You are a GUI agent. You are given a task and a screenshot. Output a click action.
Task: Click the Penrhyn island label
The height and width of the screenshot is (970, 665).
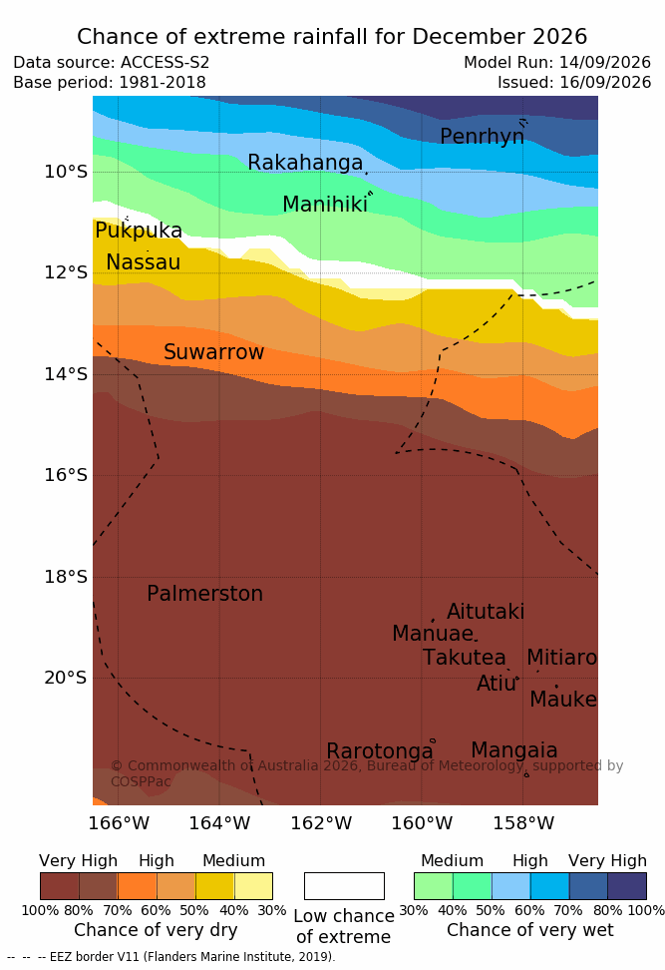pyautogui.click(x=483, y=136)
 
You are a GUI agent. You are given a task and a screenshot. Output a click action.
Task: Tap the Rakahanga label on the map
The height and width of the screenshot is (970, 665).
pyautogui.click(x=305, y=162)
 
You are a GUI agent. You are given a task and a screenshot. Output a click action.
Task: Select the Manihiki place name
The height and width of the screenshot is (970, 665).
pyautogui.click(x=325, y=205)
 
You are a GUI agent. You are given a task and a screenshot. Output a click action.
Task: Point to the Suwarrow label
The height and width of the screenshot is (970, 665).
pyautogui.click(x=213, y=352)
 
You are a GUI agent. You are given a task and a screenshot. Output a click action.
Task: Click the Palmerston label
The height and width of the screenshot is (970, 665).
pyautogui.click(x=205, y=594)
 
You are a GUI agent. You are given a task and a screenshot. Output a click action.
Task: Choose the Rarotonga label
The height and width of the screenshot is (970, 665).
pyautogui.click(x=380, y=751)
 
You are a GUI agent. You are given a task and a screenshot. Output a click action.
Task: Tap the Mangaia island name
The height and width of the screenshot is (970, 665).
pyautogui.click(x=514, y=750)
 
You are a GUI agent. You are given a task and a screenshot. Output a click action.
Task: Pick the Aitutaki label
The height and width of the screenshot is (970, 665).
pyautogui.click(x=486, y=612)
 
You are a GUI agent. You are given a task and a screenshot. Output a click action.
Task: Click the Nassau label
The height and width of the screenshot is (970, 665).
pyautogui.click(x=144, y=262)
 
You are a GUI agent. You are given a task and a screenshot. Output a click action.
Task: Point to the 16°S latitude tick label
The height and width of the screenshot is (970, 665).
pyautogui.click(x=66, y=475)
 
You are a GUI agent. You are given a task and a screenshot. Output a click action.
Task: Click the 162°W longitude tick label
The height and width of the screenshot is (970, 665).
pyautogui.click(x=321, y=823)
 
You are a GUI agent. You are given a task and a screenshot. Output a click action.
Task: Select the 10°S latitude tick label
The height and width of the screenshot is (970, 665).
pyautogui.click(x=66, y=172)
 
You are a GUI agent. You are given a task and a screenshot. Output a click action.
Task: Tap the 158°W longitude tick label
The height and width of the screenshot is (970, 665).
pyautogui.click(x=523, y=823)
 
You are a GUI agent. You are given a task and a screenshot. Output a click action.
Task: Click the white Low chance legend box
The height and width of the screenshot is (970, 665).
pyautogui.click(x=344, y=886)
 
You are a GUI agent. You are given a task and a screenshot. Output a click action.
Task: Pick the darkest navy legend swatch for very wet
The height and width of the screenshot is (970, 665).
pyautogui.click(x=627, y=886)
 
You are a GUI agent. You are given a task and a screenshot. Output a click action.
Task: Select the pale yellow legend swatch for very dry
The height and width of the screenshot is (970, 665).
pyautogui.click(x=253, y=886)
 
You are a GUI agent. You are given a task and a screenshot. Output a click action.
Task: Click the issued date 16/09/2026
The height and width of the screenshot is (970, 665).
pyautogui.click(x=605, y=82)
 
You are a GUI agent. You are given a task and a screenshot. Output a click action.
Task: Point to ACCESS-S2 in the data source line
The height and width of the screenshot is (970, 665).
pyautogui.click(x=166, y=63)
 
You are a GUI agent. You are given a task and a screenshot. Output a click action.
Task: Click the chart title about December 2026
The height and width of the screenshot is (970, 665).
pyautogui.click(x=332, y=37)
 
